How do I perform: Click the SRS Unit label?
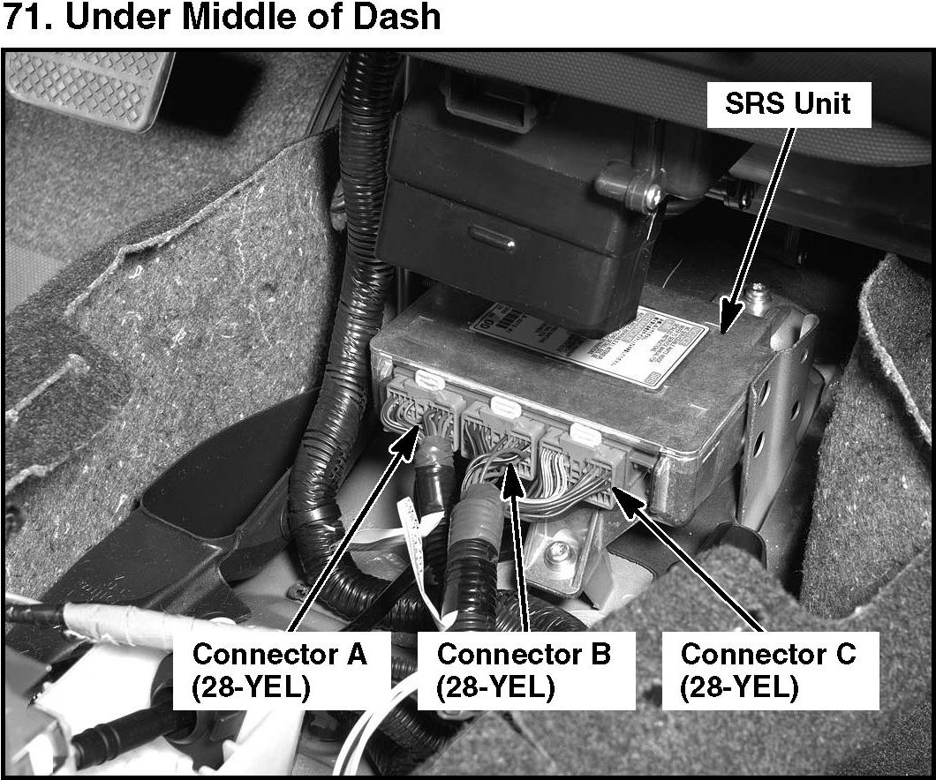coord(787,104)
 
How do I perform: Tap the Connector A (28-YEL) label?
coord(279,671)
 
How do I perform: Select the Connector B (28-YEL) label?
coord(524,671)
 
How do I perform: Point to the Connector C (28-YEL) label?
coord(768,671)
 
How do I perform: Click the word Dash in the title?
coord(397,18)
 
